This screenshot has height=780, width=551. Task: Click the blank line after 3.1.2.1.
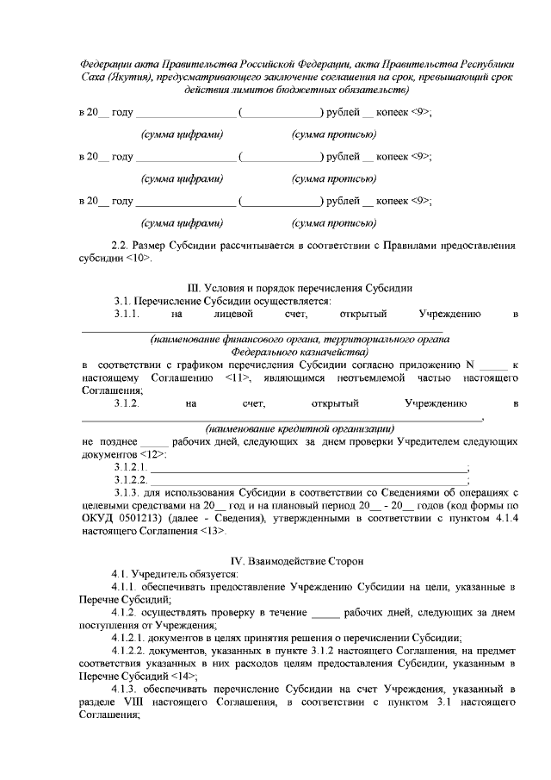pos(310,467)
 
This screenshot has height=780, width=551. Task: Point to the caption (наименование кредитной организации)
pos(300,427)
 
